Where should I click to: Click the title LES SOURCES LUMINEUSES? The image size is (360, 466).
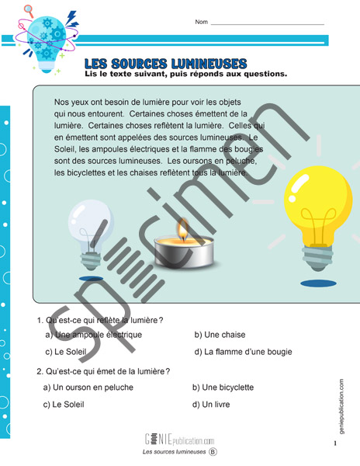point(165,63)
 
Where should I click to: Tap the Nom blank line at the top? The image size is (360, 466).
point(267,24)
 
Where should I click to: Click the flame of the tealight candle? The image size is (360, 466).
point(183,230)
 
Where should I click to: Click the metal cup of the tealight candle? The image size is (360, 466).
point(184,252)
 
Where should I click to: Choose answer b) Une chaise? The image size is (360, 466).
point(219,335)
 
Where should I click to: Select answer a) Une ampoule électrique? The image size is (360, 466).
point(94,335)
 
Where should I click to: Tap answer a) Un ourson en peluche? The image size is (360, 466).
point(88,387)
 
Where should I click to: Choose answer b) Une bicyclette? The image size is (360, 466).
point(223,387)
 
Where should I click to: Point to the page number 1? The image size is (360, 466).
point(335,443)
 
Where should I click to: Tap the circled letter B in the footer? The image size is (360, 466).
point(213,452)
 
